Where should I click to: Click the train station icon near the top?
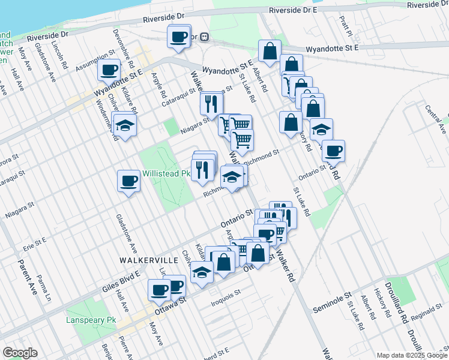pyautogui.click(x=204, y=37)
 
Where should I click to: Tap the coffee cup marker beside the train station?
pyautogui.click(x=179, y=37)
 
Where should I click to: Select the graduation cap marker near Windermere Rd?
pyautogui.click(x=125, y=125)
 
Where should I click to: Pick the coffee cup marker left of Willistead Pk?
pyautogui.click(x=128, y=181)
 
